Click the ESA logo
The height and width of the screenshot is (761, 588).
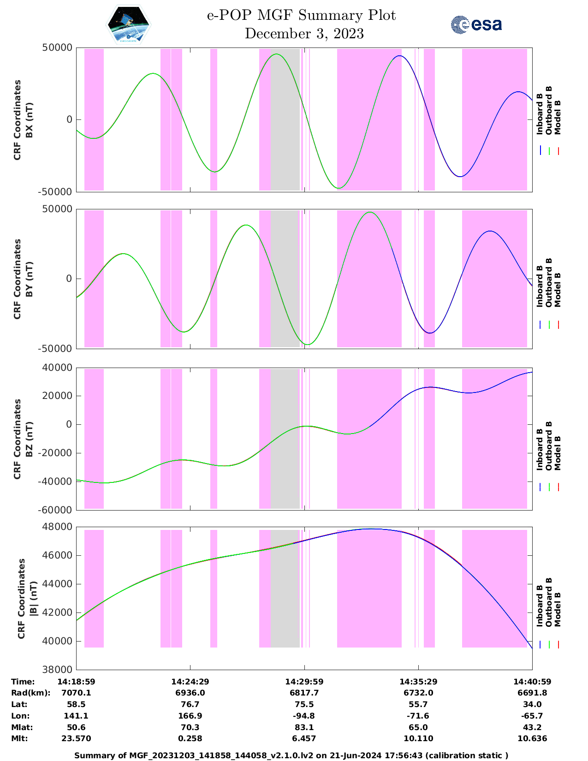coord(476,24)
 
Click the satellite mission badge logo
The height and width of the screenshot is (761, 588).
coord(129,24)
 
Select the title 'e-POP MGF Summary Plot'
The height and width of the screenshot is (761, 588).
coord(301,15)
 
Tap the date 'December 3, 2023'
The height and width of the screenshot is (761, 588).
coord(304,34)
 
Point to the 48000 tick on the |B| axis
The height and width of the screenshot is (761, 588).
coord(58,527)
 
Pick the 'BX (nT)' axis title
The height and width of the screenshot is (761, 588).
coord(29,120)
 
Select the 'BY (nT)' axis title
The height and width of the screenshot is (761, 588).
coord(29,279)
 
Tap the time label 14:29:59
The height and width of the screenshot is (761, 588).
coord(304,681)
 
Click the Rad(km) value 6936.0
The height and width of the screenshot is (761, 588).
coord(190,693)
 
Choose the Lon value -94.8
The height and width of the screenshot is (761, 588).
coord(304,716)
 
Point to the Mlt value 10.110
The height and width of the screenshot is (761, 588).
coord(418,738)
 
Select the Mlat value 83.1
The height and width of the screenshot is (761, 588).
coord(304,727)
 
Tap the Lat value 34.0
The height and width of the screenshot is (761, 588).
coord(532,704)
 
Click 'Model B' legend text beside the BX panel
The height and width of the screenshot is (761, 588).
coord(558,117)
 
